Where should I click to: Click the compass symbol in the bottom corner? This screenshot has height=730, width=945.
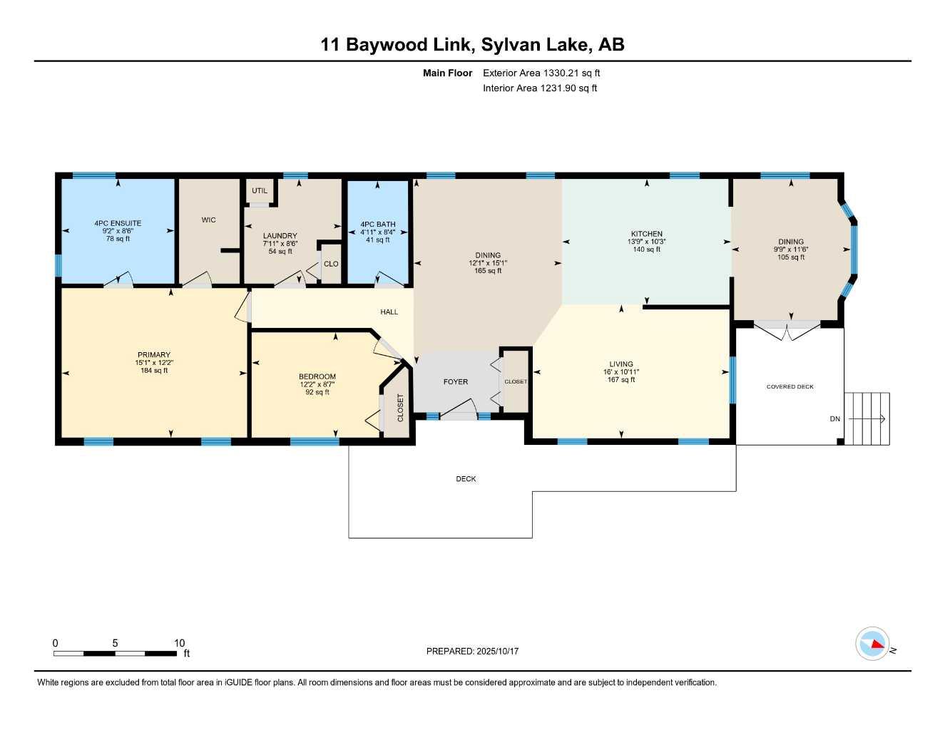click(872, 644)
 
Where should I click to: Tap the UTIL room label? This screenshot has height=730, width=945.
click(260, 190)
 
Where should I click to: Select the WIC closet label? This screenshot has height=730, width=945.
click(208, 220)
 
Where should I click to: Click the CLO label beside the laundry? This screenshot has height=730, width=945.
click(331, 264)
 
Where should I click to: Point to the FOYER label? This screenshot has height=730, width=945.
click(456, 382)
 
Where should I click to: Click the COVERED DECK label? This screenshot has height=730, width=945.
click(790, 387)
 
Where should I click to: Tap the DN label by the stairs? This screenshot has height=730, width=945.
click(834, 419)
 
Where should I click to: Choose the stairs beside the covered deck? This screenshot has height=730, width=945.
click(867, 418)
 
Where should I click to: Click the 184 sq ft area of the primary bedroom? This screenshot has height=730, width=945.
click(154, 371)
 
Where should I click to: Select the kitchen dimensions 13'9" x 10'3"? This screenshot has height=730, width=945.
click(646, 242)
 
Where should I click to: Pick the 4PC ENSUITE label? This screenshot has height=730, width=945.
click(118, 223)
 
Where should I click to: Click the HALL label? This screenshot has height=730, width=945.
click(389, 312)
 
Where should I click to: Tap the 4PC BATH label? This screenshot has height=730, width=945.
click(377, 224)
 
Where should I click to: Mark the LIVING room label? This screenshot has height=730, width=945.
click(621, 364)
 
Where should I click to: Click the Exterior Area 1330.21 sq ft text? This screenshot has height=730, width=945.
click(541, 73)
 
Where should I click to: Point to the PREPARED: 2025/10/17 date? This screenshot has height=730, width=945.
click(472, 651)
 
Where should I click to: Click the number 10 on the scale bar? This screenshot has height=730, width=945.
click(180, 643)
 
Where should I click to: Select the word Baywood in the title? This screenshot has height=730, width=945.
click(388, 44)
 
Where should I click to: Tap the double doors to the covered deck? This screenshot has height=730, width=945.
click(787, 331)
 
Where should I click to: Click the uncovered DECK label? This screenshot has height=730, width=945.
click(466, 479)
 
